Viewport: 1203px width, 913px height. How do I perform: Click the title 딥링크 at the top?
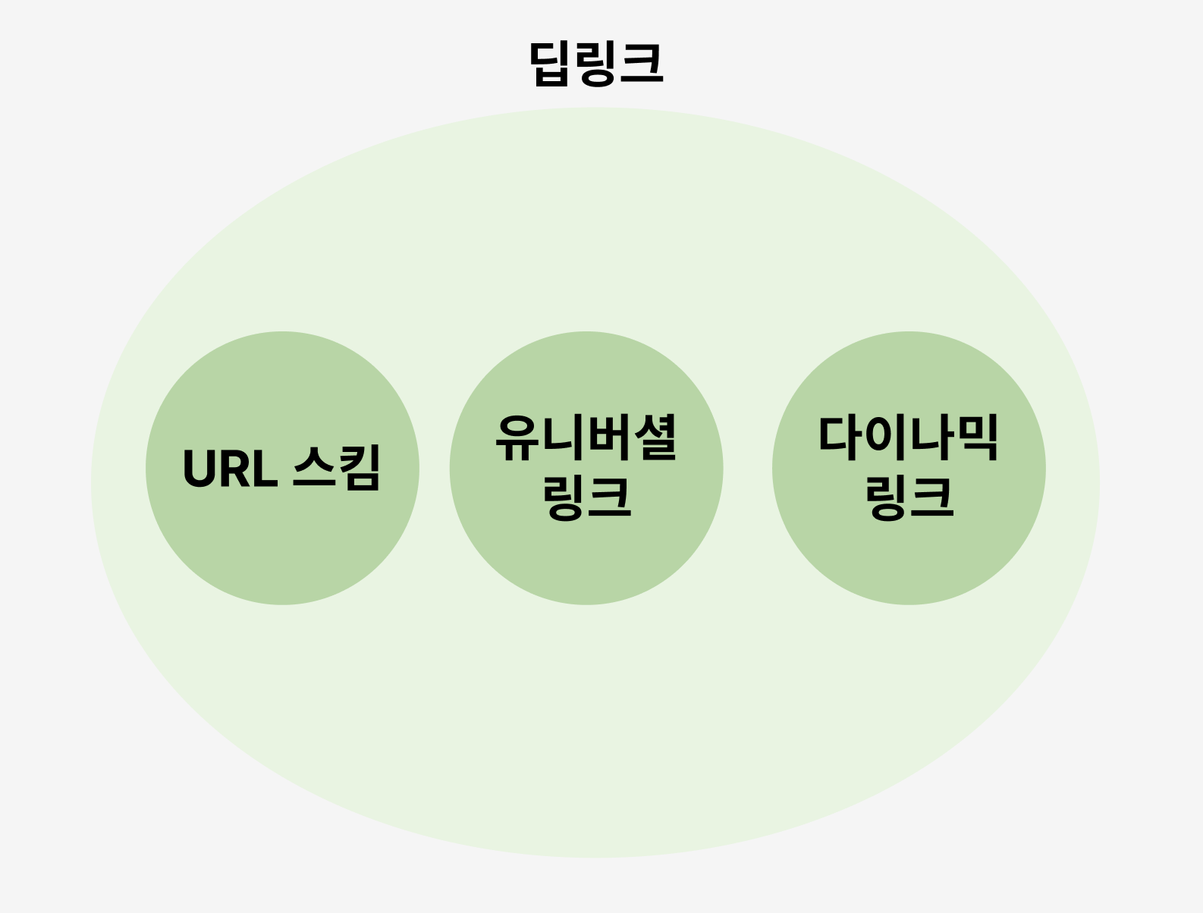(597, 64)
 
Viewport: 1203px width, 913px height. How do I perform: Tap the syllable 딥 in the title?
(551, 64)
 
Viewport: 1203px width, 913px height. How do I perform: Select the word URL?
(230, 469)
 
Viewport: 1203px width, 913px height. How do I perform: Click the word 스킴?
(336, 468)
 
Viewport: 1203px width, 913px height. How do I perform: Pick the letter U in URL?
(200, 469)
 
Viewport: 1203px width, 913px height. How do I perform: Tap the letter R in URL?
(234, 469)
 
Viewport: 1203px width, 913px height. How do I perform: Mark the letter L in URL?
(262, 469)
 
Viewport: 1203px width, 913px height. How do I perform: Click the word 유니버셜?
(586, 438)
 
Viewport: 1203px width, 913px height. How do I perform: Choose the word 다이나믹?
(908, 438)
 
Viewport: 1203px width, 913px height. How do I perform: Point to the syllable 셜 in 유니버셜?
(654, 438)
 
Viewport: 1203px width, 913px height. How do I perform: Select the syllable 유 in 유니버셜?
(518, 438)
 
